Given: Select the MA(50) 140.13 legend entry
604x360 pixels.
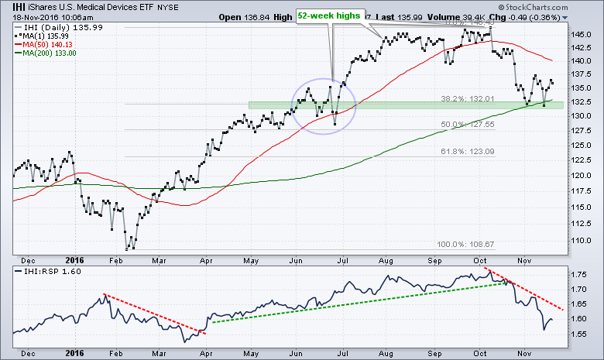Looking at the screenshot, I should click(x=45, y=44).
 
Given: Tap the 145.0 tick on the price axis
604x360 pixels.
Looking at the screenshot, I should click(x=583, y=35).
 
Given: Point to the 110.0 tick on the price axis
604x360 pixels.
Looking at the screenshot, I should click(x=583, y=241).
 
